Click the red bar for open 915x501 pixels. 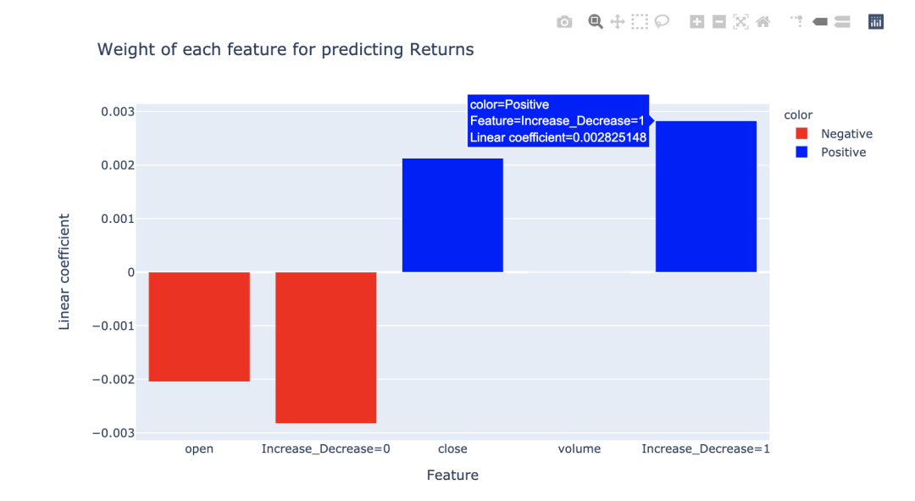pyautogui.click(x=199, y=326)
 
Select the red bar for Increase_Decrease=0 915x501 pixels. pyautogui.click(x=325, y=347)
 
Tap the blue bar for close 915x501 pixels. pyautogui.click(x=452, y=215)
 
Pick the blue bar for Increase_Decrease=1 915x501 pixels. pyautogui.click(x=706, y=197)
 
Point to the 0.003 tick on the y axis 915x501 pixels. pyautogui.click(x=118, y=112)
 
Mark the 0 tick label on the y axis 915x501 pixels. pyautogui.click(x=130, y=272)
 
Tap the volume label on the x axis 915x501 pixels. pyautogui.click(x=579, y=448)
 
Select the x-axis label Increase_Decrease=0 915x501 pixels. pyautogui.click(x=325, y=448)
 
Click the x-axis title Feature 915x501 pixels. pyautogui.click(x=452, y=476)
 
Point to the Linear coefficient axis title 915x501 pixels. pyautogui.click(x=64, y=271)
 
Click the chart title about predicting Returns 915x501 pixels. pyautogui.click(x=286, y=50)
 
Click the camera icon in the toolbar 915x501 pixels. pyautogui.click(x=564, y=22)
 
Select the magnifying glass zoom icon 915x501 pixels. pyautogui.click(x=596, y=22)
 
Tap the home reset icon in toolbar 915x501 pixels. pyautogui.click(x=763, y=22)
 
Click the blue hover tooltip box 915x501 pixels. pyautogui.click(x=558, y=120)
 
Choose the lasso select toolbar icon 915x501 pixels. pyautogui.click(x=662, y=22)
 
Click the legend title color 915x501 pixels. pyautogui.click(x=798, y=115)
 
